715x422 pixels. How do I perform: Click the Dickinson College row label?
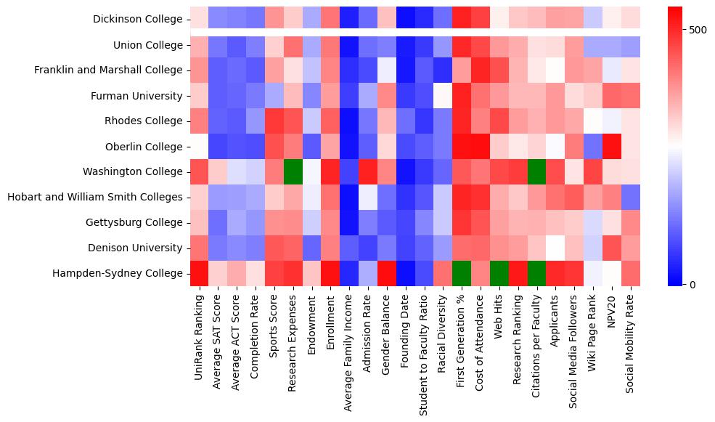(138, 20)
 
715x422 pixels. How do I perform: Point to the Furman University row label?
(136, 96)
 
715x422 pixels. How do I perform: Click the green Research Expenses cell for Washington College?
(293, 171)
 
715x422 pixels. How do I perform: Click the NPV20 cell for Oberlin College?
(612, 147)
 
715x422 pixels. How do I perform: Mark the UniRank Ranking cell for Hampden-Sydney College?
(199, 273)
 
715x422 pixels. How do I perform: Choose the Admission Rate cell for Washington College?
(368, 171)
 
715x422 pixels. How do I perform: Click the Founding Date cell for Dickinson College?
(406, 20)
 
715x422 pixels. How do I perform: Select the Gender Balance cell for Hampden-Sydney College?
(387, 273)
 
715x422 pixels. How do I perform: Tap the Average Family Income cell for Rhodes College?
(349, 121)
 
